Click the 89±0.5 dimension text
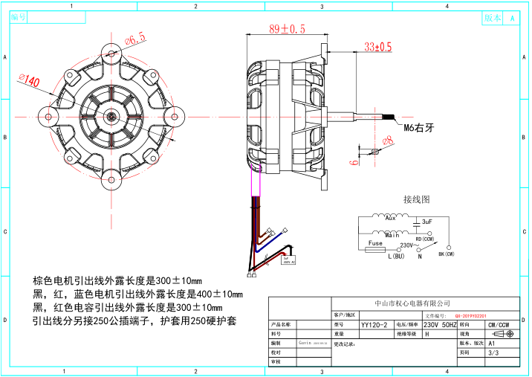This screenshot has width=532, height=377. [x=287, y=29]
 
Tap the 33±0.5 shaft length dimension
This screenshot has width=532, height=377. [x=377, y=47]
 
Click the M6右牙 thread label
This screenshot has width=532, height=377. [x=417, y=128]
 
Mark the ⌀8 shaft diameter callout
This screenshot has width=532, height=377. [x=387, y=141]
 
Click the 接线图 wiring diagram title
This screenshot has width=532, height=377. [x=417, y=199]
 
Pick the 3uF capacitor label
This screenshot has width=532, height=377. [x=426, y=222]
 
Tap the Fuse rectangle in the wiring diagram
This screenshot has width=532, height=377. [x=375, y=243]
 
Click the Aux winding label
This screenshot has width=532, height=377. [x=390, y=219]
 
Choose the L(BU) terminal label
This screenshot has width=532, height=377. [x=395, y=256]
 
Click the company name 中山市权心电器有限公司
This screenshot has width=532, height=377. [x=413, y=303]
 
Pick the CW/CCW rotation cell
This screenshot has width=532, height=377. [x=498, y=325]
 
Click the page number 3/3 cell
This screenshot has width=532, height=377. [x=494, y=354]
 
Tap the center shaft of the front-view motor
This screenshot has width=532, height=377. [x=111, y=115]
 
